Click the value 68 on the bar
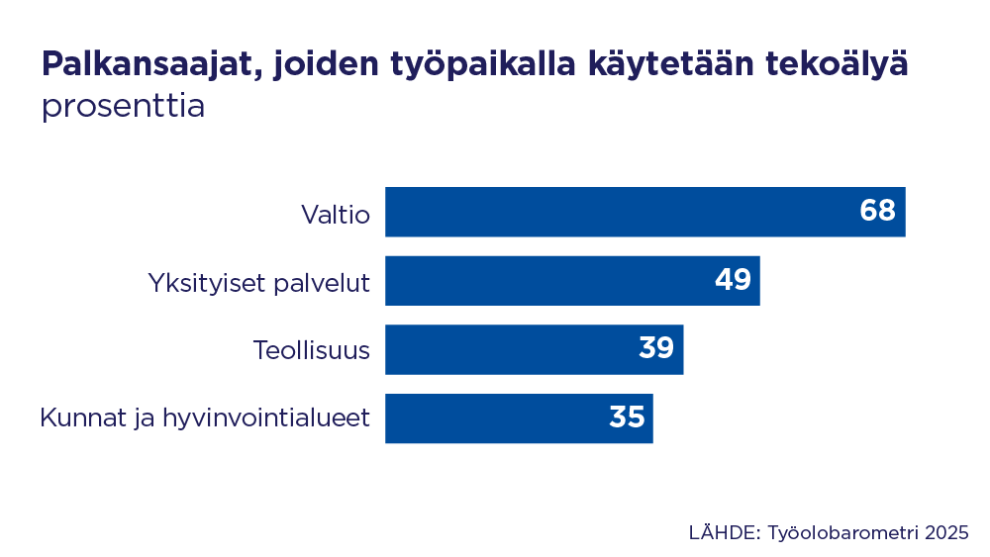pos(877,211)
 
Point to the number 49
pos(733,280)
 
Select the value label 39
pos(655,348)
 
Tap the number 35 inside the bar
pos(627,418)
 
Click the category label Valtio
pos(336,213)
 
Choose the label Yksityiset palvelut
pos(258,282)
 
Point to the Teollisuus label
pos(311,350)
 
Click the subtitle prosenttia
pos(123,106)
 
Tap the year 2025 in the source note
pos(947,532)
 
